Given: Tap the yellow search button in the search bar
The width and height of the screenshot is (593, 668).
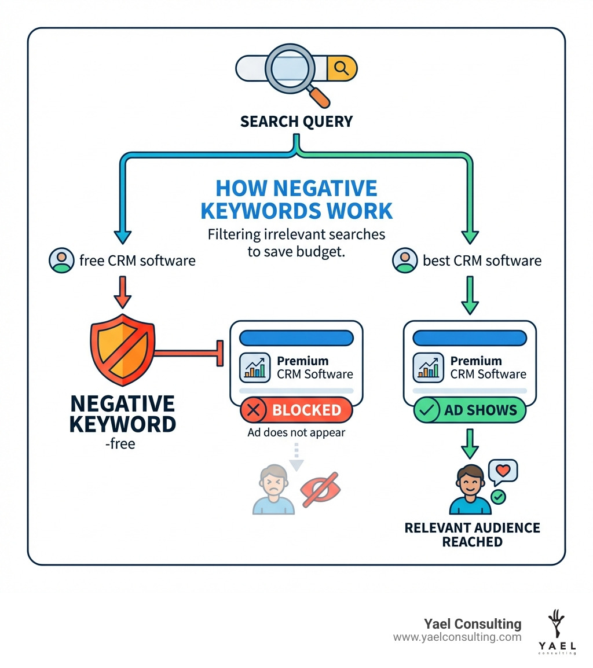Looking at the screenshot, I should pos(342,69).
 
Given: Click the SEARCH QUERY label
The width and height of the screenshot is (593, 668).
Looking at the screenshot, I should pos(296,122).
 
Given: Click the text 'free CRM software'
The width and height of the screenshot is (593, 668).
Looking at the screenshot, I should pos(137,260).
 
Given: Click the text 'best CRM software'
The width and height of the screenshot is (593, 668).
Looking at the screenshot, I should pos(482,260).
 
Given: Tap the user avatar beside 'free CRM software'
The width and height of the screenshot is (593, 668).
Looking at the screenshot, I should pos(61,260).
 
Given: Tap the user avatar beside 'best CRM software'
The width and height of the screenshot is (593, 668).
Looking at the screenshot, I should pos(404,260).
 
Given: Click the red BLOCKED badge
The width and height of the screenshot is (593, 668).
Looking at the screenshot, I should pos(296,410).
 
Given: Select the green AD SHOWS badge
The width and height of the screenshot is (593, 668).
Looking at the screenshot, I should pos(469,410).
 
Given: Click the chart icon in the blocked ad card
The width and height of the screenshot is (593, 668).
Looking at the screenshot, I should pos(255,367).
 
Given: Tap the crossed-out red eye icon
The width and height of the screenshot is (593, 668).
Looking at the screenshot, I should pos(321,490).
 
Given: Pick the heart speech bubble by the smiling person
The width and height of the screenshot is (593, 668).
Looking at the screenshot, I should pos(503,472).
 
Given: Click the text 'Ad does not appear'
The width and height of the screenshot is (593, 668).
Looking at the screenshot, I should pos(296,432).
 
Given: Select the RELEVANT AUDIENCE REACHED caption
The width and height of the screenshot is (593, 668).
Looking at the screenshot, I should pos(472,534).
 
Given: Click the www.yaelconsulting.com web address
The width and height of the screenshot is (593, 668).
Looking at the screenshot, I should pos(457,637).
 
